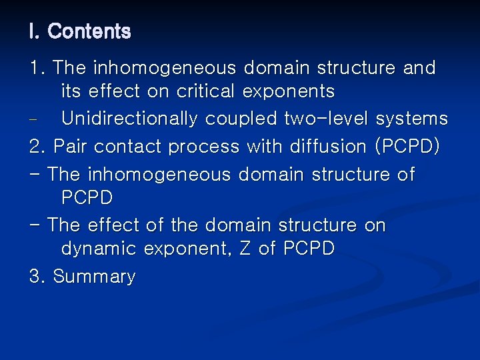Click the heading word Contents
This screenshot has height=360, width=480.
[89, 31]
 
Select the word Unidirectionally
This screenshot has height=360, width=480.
[130, 119]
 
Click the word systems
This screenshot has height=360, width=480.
[412, 119]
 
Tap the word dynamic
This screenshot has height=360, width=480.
[98, 249]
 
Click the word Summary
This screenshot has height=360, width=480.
[94, 277]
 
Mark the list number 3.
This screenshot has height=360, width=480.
[36, 277]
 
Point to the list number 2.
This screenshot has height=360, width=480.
[36, 147]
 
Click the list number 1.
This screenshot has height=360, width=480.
[36, 68]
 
